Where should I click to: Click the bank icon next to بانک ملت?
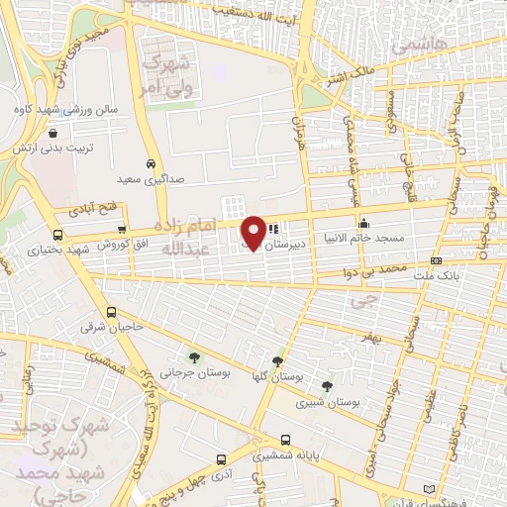click(437, 261)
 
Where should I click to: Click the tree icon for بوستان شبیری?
click(327, 386)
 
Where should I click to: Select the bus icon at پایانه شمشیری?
click(286, 440)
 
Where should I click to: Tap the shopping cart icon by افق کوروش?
click(121, 230)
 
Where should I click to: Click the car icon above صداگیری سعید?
click(150, 163)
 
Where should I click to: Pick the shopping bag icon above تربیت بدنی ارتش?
click(51, 131)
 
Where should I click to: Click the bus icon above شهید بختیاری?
click(58, 236)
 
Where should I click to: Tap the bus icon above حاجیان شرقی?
click(123, 310)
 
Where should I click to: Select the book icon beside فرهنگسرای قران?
click(428, 489)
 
